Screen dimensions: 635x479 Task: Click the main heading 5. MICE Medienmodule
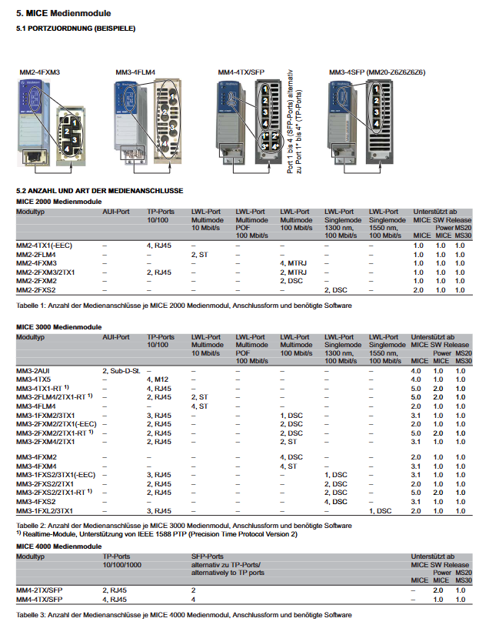pos(64,13)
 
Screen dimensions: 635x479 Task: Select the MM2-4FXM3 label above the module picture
pos(39,72)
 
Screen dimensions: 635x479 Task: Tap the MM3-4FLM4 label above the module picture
pos(135,72)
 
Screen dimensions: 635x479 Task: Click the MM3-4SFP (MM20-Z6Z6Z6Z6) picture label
pos(377,72)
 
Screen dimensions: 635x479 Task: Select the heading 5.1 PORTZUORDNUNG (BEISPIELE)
pos(76,28)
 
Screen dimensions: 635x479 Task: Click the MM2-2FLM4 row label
pos(35,254)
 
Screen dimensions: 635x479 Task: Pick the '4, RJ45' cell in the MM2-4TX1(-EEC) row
pos(158,245)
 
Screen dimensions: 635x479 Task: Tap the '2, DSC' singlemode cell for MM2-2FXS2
pos(337,289)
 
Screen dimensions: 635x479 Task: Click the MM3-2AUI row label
pos(33,371)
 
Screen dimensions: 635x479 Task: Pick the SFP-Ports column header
pos(207,555)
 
